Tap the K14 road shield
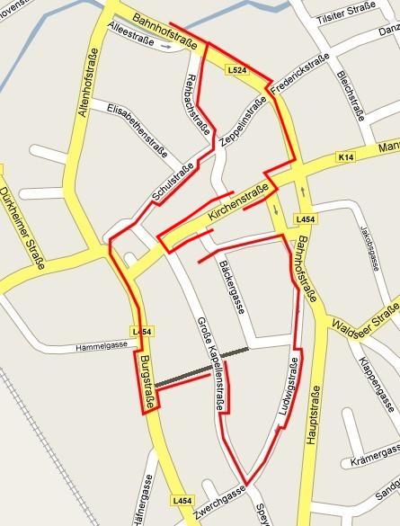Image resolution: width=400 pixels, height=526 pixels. coord(346,157)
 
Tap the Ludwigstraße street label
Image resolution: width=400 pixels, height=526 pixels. coord(290,387)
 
